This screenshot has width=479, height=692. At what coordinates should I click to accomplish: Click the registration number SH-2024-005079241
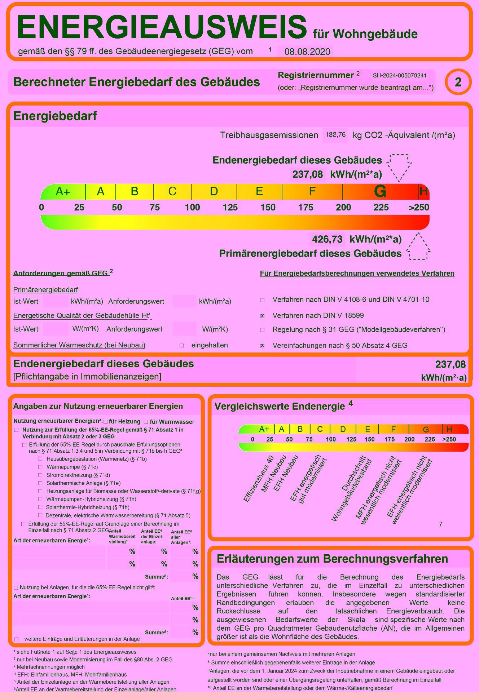tap(400, 76)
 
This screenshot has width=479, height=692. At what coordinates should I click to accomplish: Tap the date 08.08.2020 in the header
tap(307, 52)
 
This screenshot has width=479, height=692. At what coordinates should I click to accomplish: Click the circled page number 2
tap(458, 82)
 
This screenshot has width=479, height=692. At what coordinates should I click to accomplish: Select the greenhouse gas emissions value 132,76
tap(335, 135)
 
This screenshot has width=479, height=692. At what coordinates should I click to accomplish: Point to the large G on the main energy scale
tap(380, 191)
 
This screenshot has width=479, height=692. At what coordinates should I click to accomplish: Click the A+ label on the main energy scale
tap(63, 191)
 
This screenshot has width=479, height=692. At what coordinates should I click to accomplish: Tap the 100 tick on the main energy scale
tap(192, 207)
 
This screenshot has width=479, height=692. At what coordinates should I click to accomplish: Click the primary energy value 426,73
tap(327, 239)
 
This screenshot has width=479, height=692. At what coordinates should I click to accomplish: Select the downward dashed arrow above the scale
tap(399, 167)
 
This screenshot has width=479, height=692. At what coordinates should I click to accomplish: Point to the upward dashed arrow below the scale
tap(418, 247)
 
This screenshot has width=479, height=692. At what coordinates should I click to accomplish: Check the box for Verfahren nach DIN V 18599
tap(263, 316)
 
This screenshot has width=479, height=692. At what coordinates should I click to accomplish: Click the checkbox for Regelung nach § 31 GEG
tap(263, 330)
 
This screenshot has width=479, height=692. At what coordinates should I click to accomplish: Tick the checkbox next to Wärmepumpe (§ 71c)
tap(40, 467)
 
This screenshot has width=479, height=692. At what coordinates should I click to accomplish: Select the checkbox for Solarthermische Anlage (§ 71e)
tap(40, 483)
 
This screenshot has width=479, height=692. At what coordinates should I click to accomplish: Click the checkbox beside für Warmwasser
tap(146, 422)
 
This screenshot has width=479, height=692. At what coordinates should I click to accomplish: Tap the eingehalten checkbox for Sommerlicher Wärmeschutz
tap(182, 345)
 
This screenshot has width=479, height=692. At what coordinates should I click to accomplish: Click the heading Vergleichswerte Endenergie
tap(280, 407)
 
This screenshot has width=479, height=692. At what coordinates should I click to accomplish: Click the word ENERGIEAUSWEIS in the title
tap(162, 27)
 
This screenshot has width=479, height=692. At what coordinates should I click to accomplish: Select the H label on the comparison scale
tap(449, 429)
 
